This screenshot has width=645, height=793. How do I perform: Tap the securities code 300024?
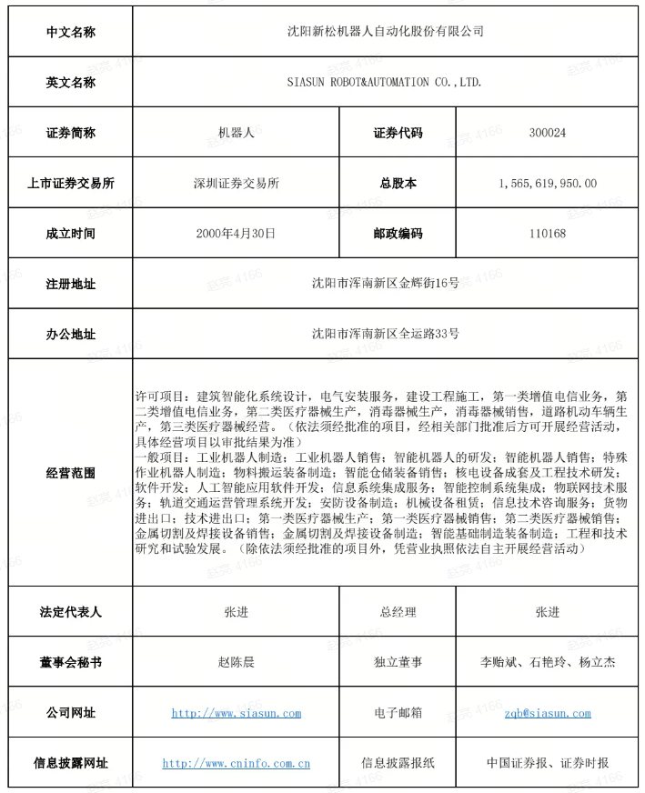547,133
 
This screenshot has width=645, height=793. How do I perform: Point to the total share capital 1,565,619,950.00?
547,183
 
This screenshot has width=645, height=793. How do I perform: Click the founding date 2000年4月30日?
236,234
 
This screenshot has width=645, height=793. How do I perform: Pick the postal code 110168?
547,234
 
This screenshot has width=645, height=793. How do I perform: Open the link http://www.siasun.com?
236,713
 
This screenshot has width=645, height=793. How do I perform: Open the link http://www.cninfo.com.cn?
236,763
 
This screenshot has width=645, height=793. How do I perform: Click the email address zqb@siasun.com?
547,713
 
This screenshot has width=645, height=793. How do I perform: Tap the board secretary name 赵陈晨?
236,662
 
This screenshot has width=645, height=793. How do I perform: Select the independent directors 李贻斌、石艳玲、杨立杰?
547,662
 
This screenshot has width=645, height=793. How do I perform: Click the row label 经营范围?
70,473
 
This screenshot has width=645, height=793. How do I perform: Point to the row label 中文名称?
70,32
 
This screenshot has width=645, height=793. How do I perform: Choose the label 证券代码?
398,133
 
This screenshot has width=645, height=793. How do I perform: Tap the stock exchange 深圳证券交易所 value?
236,183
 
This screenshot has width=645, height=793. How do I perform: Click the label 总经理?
398,612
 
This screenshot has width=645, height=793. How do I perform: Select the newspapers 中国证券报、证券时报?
547,763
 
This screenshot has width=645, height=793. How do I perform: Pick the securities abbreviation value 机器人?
236,133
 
